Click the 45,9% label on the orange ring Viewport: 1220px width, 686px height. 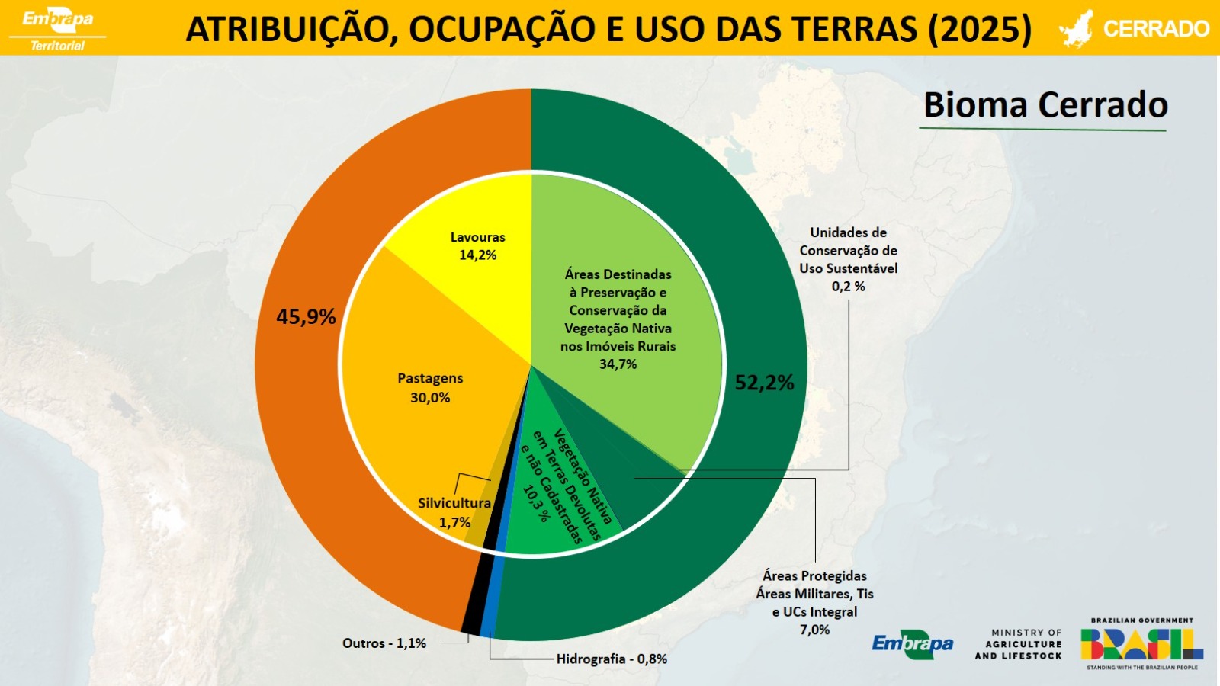(306, 316)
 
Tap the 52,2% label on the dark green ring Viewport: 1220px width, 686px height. (764, 383)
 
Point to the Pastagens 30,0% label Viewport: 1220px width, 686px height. (430, 388)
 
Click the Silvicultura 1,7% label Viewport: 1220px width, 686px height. (454, 513)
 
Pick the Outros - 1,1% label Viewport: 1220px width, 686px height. (384, 643)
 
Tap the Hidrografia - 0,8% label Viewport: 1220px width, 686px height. (612, 659)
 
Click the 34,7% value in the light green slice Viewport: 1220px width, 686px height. (618, 364)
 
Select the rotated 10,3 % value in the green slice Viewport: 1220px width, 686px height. (536, 504)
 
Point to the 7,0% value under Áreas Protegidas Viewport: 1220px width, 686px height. (814, 630)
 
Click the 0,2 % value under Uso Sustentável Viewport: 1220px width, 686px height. (848, 287)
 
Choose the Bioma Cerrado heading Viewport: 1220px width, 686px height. (1045, 105)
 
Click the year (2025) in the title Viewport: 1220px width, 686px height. (980, 29)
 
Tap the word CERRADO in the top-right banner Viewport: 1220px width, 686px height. (1156, 29)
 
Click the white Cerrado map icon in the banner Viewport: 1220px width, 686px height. (1076, 29)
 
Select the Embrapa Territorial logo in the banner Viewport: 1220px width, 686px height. (57, 28)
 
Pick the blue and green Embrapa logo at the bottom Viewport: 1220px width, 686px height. (913, 644)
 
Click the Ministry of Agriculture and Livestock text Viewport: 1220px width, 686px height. (1018, 644)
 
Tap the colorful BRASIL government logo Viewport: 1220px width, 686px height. (1141, 644)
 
